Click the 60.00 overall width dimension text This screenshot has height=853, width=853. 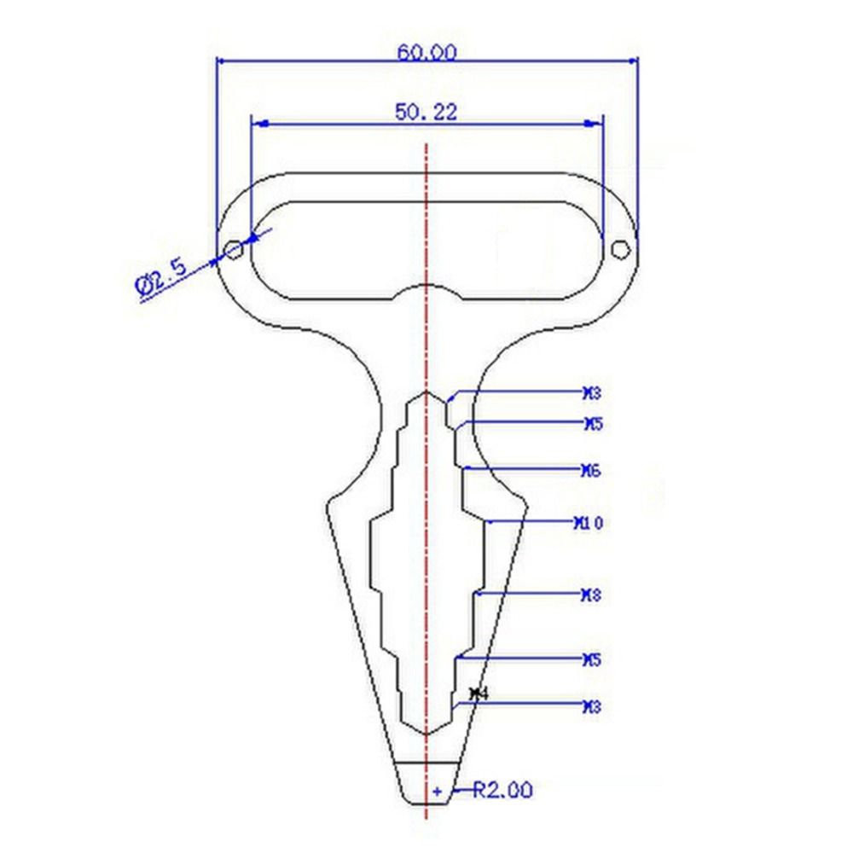click(x=426, y=51)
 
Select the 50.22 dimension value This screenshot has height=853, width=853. click(x=426, y=111)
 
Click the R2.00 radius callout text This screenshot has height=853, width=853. click(x=503, y=791)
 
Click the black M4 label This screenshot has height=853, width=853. click(x=479, y=694)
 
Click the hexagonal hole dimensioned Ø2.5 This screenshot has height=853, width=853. click(x=233, y=249)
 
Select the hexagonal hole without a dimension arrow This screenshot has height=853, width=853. click(x=621, y=248)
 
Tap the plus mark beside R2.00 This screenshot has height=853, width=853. click(x=438, y=792)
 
